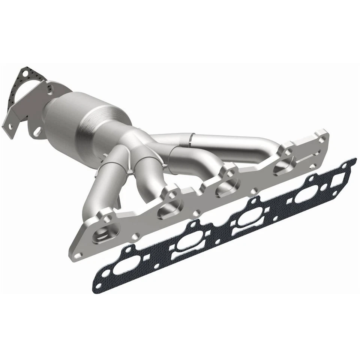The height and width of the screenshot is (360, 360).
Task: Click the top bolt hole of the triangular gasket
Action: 26,72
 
